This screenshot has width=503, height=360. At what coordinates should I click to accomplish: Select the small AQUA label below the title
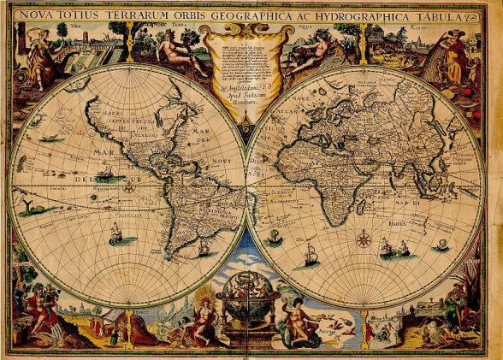pyautogui.click(x=320, y=27)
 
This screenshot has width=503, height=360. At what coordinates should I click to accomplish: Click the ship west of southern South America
pyautogui.click(x=115, y=232)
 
